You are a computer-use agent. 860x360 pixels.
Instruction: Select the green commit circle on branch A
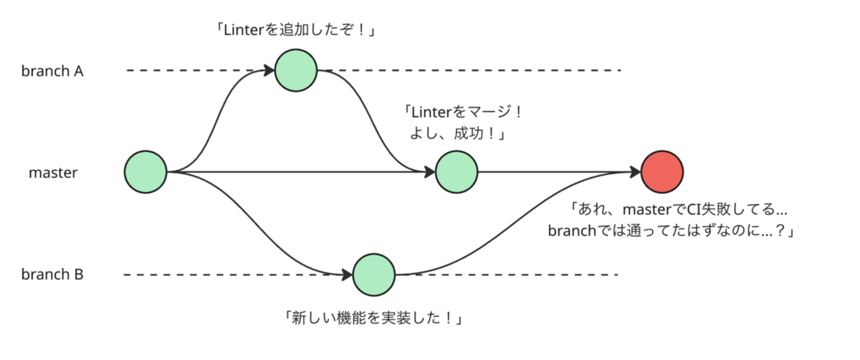[296, 70]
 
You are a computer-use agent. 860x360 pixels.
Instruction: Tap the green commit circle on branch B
[374, 274]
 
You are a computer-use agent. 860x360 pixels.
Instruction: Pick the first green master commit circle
[145, 172]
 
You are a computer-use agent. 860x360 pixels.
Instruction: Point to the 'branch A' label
[52, 71]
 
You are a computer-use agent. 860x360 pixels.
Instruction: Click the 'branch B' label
[52, 275]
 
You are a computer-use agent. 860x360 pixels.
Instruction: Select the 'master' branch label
[54, 173]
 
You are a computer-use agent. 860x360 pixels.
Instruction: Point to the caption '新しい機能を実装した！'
[372, 318]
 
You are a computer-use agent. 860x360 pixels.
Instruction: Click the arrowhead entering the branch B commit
[348, 274]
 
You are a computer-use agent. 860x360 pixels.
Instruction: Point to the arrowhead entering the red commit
[636, 172]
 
